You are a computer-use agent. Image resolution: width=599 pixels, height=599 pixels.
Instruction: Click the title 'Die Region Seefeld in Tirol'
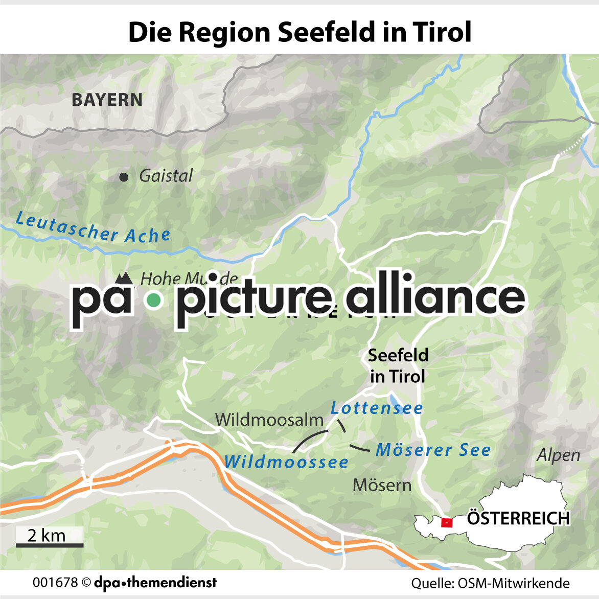pyautogui.click(x=299, y=32)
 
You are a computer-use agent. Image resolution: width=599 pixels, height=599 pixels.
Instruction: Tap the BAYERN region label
pyautogui.click(x=107, y=100)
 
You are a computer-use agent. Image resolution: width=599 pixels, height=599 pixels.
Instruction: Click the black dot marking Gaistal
pyautogui.click(x=123, y=177)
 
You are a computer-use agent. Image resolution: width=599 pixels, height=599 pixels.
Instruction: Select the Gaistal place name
pyautogui.click(x=166, y=176)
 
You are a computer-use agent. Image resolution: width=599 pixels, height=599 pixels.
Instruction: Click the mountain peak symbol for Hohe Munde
pyautogui.click(x=123, y=278)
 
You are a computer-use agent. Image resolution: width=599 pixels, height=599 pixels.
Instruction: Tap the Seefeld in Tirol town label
pyautogui.click(x=398, y=366)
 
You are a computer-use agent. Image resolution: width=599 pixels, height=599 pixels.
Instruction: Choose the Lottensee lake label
pyautogui.click(x=377, y=408)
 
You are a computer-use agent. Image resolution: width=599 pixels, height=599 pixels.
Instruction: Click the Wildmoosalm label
pyautogui.click(x=269, y=420)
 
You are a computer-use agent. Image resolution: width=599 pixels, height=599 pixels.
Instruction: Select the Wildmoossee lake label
pyautogui.click(x=286, y=462)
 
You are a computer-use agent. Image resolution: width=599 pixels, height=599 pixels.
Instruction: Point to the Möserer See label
pyautogui.click(x=433, y=450)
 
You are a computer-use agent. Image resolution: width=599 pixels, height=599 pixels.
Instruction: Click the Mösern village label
pyautogui.click(x=382, y=485)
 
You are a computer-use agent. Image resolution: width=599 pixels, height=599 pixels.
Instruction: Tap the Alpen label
pyautogui.click(x=559, y=455)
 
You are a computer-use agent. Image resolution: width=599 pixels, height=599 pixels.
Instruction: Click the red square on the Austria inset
pyautogui.click(x=447, y=522)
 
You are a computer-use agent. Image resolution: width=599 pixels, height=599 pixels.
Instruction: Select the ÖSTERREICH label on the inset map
pyautogui.click(x=518, y=518)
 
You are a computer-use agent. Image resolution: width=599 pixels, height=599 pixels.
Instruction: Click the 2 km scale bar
pyautogui.click(x=49, y=545)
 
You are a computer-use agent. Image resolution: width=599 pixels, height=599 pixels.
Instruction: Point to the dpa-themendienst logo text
pyautogui.click(x=155, y=582)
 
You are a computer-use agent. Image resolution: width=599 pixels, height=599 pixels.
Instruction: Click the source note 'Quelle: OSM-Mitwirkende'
pyautogui.click(x=490, y=583)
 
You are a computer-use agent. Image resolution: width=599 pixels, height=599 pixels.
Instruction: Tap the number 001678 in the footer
pyautogui.click(x=55, y=583)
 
